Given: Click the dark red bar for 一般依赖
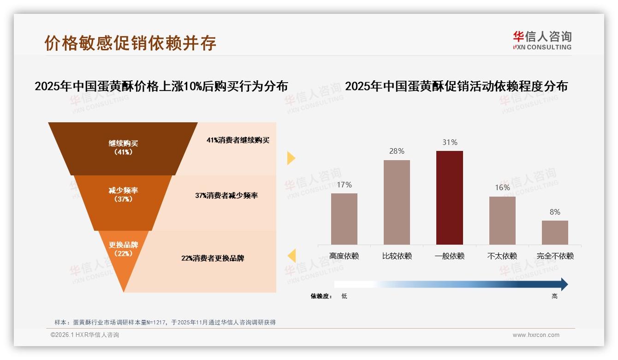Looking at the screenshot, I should [449, 198].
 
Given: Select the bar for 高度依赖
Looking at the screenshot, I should [344, 219].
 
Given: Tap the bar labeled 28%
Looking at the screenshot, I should [397, 202].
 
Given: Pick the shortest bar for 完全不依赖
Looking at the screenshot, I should [555, 233].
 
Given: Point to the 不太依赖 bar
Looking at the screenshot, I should [502, 221].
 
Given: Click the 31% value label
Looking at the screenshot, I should [450, 143].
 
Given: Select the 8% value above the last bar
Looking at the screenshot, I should [555, 212].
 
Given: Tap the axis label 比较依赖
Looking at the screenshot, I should [397, 256].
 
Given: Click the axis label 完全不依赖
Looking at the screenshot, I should [555, 256].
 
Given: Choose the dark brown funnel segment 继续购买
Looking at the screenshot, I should [123, 148].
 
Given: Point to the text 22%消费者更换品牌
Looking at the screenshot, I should [213, 258].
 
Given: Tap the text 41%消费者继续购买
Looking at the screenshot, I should [238, 140].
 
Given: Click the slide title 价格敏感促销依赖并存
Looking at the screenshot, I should [131, 43].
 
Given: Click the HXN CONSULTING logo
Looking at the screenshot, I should [542, 41].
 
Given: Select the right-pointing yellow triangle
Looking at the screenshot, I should [291, 158].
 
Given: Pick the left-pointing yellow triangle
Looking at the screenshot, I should [291, 256].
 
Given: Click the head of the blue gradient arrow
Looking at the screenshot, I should [564, 284].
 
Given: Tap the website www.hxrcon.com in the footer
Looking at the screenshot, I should [536, 335].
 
